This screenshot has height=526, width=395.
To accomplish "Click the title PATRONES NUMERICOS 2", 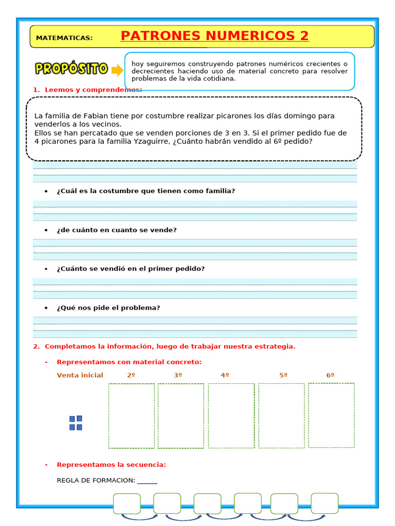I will (x=214, y=36).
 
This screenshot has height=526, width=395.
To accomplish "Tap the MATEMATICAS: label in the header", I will (x=64, y=38).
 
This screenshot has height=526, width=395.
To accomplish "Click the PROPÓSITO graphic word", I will (x=71, y=69).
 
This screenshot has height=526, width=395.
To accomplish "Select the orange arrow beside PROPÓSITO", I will (x=117, y=70).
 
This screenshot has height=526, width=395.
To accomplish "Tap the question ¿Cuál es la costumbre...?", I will (x=146, y=191).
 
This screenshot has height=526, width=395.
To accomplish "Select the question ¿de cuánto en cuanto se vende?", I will (x=117, y=230).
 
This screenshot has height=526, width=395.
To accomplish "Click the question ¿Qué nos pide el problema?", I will (x=109, y=308).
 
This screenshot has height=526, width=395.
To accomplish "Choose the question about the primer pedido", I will (x=131, y=269).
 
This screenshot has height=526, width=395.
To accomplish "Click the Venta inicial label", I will (x=80, y=375).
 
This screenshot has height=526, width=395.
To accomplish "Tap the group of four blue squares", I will (x=76, y=423).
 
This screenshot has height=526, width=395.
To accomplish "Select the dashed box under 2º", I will (x=131, y=416).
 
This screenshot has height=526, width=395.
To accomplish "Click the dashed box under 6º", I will (x=331, y=415).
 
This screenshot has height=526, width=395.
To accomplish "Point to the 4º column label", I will (x=225, y=375).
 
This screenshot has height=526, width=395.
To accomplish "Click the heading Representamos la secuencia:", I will (x=111, y=465).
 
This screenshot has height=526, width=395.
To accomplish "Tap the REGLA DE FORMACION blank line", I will (x=148, y=481).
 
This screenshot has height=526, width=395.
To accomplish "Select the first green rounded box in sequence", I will (x=127, y=503).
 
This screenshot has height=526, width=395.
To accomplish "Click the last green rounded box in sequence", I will (x=325, y=503).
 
